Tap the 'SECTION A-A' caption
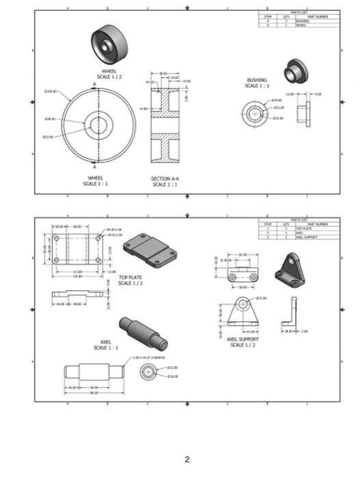[x=165, y=181]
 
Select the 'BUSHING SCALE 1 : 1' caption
[x=258, y=83]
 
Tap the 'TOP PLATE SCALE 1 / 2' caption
[x=131, y=280]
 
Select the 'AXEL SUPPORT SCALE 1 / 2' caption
[x=243, y=341]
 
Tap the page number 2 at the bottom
[x=187, y=459]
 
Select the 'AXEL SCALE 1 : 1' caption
[x=106, y=345]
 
